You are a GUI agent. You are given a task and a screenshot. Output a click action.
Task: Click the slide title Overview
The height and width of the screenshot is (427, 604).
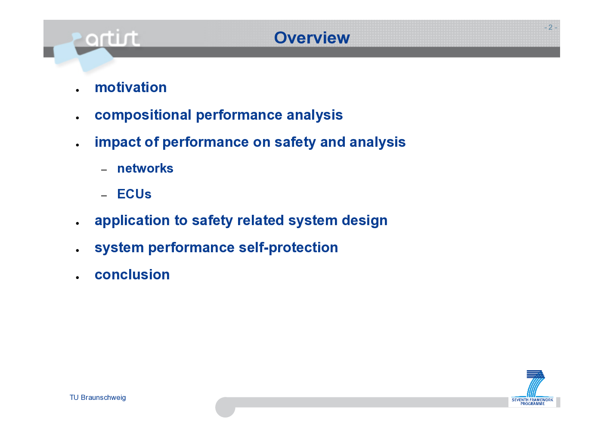tap(312, 37)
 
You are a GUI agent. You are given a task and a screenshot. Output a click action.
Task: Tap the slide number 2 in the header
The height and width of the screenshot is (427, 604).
tap(550, 27)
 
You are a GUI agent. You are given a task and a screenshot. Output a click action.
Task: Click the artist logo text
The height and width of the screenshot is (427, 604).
tap(112, 38)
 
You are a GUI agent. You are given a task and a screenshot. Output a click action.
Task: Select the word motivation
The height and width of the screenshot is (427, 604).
tap(130, 87)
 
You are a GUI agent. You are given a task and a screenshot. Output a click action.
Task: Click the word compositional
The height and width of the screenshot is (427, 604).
tap(143, 115)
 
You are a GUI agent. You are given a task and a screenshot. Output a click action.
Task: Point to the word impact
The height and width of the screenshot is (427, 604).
tap(118, 142)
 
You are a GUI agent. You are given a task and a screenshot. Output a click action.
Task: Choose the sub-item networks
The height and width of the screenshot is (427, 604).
tap(145, 168)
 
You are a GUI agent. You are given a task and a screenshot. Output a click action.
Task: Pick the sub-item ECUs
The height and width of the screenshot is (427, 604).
tap(134, 194)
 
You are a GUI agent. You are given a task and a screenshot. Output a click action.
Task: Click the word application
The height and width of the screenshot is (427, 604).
tap(132, 221)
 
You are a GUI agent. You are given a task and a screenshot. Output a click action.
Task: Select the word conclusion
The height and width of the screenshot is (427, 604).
tap(132, 275)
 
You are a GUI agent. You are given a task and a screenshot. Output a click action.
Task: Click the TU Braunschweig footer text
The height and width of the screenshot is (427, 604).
tap(98, 398)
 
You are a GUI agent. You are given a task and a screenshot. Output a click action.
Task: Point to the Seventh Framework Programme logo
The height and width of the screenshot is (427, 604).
tap(532, 388)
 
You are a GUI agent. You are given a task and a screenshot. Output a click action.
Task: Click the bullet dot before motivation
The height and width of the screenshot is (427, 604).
tap(77, 90)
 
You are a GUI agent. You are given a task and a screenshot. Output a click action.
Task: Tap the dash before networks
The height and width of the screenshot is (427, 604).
tap(104, 170)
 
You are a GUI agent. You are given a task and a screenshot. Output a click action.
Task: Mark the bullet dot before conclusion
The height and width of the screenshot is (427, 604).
tap(77, 278)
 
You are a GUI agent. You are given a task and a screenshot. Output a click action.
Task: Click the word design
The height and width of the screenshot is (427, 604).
tap(365, 221)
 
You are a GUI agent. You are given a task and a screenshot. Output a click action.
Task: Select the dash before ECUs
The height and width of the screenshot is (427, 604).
tap(104, 196)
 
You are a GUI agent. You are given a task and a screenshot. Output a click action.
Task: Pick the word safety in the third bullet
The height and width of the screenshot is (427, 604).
tap(295, 142)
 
